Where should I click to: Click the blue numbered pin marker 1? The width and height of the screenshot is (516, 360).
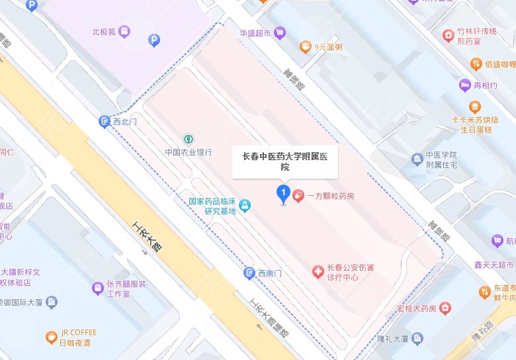click(x=283, y=194)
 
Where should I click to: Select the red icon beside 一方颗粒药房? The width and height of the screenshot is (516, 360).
click(x=299, y=196)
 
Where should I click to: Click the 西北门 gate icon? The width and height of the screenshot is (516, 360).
click(x=104, y=121)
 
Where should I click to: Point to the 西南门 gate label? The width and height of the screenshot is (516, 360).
click(x=270, y=273)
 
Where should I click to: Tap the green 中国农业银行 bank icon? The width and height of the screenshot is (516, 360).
click(x=189, y=139)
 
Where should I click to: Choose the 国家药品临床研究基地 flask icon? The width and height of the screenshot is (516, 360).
click(x=245, y=206)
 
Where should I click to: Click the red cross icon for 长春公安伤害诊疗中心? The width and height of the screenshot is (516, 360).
click(x=318, y=272)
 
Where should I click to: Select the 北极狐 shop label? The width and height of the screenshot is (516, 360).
click(x=104, y=30)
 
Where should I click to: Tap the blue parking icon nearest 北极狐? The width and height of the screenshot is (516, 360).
click(x=154, y=40)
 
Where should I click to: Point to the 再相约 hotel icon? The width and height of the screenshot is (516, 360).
click(x=465, y=85)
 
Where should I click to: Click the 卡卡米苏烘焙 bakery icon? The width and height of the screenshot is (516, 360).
click(x=474, y=107)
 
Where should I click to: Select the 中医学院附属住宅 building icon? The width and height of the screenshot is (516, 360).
click(x=417, y=159)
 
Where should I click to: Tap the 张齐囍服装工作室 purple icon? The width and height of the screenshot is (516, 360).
click(x=97, y=288)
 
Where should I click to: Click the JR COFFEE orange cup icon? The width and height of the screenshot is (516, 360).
click(x=51, y=337)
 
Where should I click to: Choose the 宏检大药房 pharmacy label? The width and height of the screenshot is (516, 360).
click(x=417, y=308)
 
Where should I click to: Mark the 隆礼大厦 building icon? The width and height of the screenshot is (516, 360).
click(x=417, y=339)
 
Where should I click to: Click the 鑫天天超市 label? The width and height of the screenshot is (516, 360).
click(x=494, y=265)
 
